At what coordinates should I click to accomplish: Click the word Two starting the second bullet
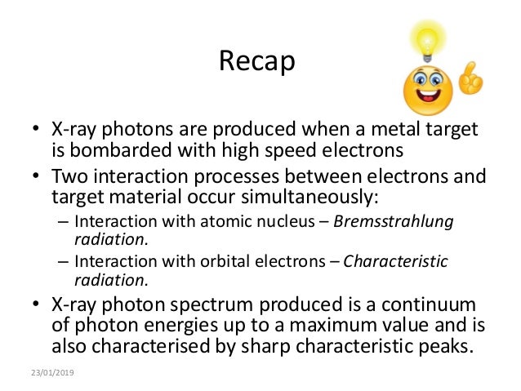[x=72, y=176]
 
